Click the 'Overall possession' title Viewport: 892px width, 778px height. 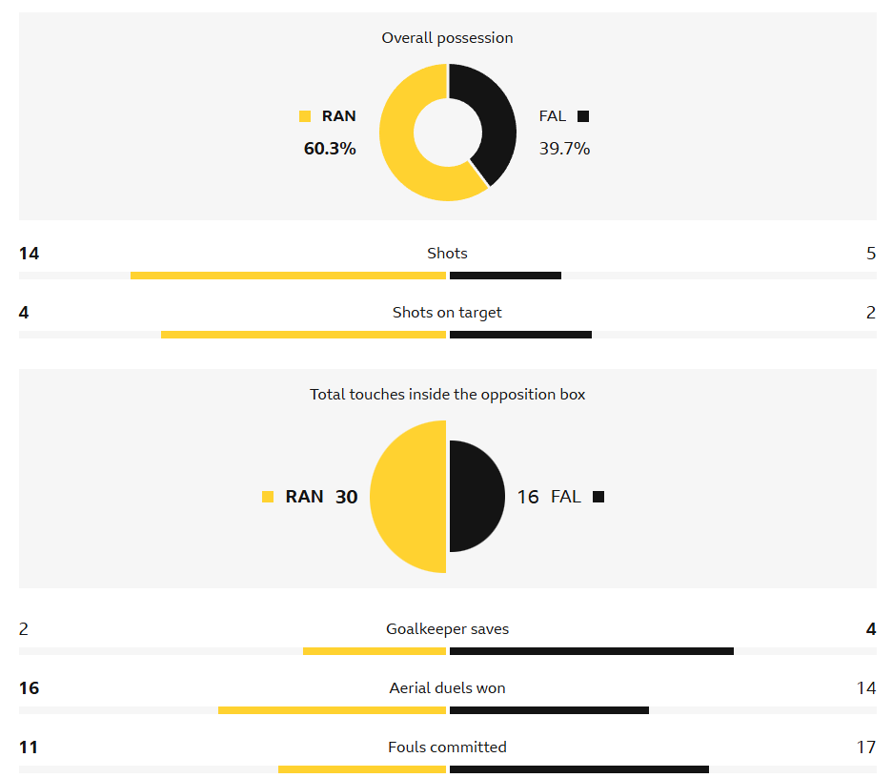pyautogui.click(x=447, y=38)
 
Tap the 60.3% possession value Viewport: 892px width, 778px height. pyautogui.click(x=330, y=149)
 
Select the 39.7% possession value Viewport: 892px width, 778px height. pyautogui.click(x=564, y=149)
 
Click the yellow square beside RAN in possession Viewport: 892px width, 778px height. pyautogui.click(x=305, y=116)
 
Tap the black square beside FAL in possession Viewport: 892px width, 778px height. pyautogui.click(x=583, y=116)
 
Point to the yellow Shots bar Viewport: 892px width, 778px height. pyautogui.click(x=288, y=276)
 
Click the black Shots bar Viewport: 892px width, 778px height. pyautogui.click(x=505, y=276)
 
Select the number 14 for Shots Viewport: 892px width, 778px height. pyautogui.click(x=29, y=254)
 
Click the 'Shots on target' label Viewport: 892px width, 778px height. pyautogui.click(x=447, y=313)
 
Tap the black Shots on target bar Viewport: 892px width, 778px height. pyautogui.click(x=520, y=335)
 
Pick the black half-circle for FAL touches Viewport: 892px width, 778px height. pyautogui.click(x=476, y=497)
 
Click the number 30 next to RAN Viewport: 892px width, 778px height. pyautogui.click(x=346, y=497)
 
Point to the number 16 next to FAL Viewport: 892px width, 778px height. pyautogui.click(x=528, y=497)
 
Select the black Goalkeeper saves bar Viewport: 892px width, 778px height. pyautogui.click(x=591, y=651)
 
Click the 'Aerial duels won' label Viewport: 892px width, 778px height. pyautogui.click(x=447, y=688)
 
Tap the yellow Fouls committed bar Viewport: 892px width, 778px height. pyautogui.click(x=362, y=769)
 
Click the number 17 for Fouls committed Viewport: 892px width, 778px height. pyautogui.click(x=865, y=747)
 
